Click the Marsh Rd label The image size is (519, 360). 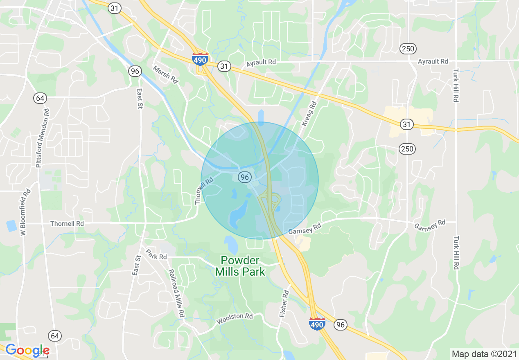pyautogui.click(x=166, y=74)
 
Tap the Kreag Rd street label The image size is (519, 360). pyautogui.click(x=309, y=113)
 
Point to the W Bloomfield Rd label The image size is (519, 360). pyautogui.click(x=25, y=212)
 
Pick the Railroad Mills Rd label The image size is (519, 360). pyautogui.click(x=176, y=293)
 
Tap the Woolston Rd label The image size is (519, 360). pyautogui.click(x=235, y=318)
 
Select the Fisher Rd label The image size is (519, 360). pyautogui.click(x=284, y=304)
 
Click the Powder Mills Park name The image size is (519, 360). pyautogui.click(x=240, y=266)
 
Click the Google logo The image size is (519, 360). pyautogui.click(x=27, y=350)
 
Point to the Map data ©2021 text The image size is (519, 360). pyautogui.click(x=483, y=353)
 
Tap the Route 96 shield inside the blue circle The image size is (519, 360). pyautogui.click(x=245, y=177)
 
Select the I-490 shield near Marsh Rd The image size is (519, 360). pyautogui.click(x=200, y=59)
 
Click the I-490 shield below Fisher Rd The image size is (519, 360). pyautogui.click(x=317, y=324)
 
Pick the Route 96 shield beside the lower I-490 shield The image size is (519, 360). pyautogui.click(x=340, y=325)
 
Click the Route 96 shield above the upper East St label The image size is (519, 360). pyautogui.click(x=135, y=71)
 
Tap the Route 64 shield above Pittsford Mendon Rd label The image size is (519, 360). pyautogui.click(x=40, y=98)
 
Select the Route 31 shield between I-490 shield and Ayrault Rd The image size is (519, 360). pyautogui.click(x=224, y=66)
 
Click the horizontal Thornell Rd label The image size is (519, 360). pyautogui.click(x=67, y=224)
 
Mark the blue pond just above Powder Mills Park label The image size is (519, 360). pyautogui.click(x=231, y=244)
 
